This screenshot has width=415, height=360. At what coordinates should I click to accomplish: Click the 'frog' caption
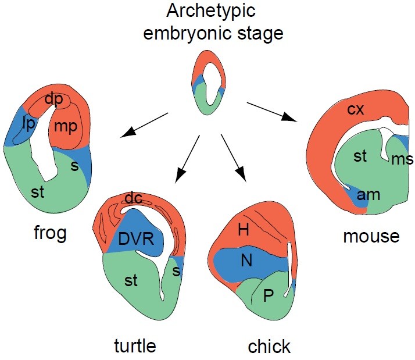(49, 234)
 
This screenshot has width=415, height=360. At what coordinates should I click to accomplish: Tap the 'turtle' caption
(134, 345)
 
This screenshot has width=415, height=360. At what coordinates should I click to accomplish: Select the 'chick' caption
(269, 347)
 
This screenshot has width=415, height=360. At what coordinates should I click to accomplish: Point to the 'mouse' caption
(371, 236)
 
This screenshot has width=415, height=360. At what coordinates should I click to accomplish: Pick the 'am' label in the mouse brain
(369, 194)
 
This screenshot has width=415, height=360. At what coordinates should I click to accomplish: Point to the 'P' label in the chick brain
(268, 296)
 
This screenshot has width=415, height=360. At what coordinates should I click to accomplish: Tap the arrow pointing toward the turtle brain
(188, 156)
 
